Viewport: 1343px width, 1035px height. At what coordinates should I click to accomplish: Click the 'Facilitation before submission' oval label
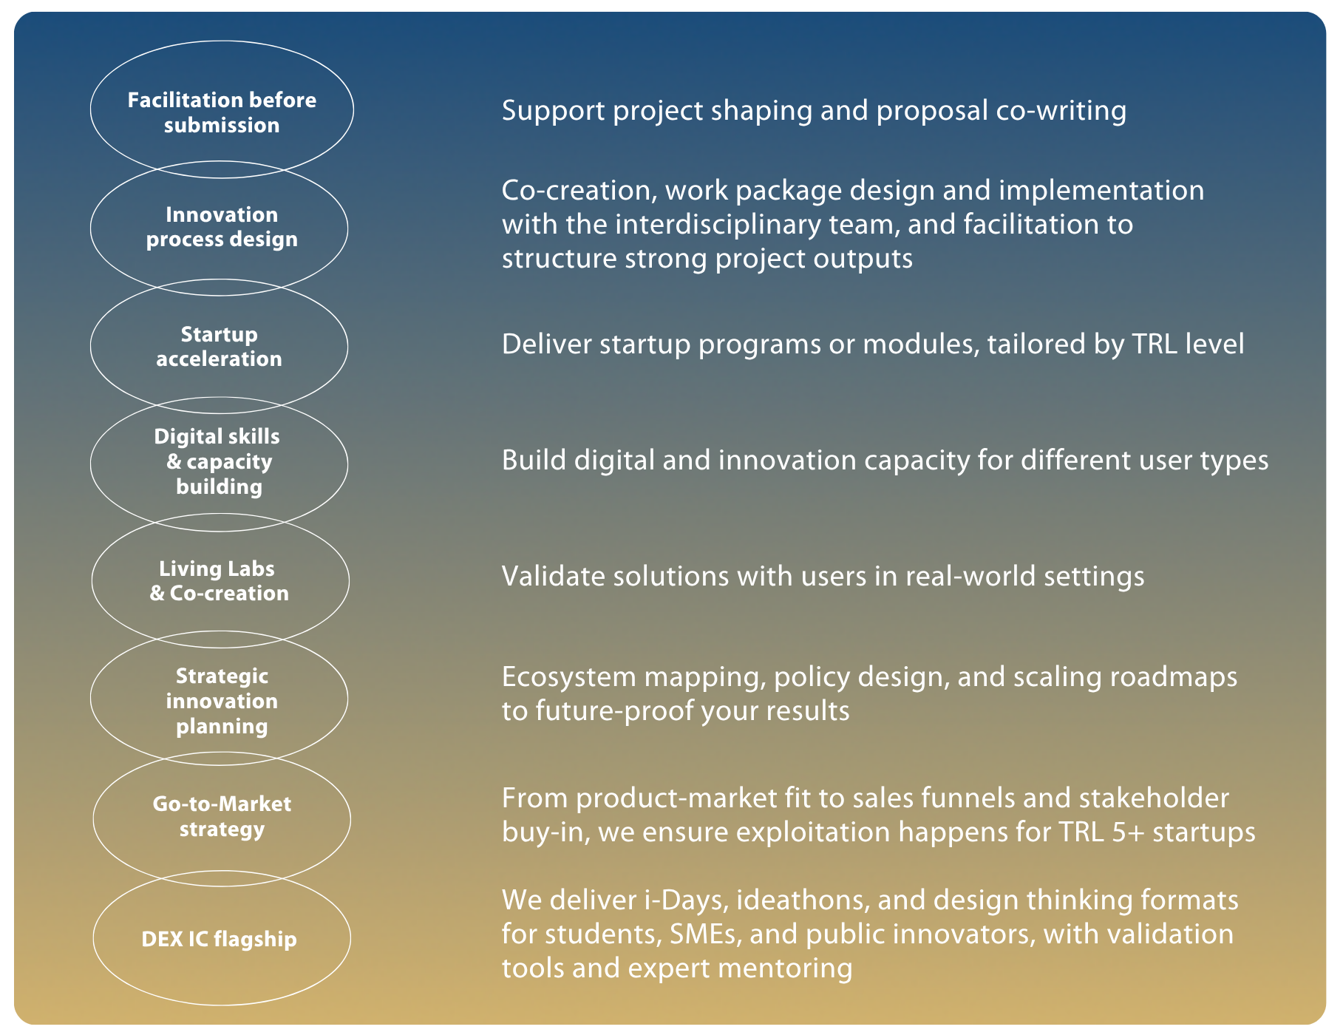tap(222, 112)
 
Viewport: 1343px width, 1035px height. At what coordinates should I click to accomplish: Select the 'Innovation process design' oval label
tap(222, 227)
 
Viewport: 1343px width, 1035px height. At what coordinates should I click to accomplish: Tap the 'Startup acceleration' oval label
tap(219, 347)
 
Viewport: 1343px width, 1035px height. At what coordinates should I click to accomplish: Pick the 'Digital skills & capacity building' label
tap(218, 461)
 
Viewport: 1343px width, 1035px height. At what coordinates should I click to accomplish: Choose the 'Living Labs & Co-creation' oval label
tap(219, 581)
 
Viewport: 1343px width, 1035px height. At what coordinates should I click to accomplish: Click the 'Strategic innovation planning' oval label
tap(222, 701)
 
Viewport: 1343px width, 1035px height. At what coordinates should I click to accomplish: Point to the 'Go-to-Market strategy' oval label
tap(222, 816)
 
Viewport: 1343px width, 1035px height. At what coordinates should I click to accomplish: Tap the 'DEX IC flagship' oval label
tap(219, 939)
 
